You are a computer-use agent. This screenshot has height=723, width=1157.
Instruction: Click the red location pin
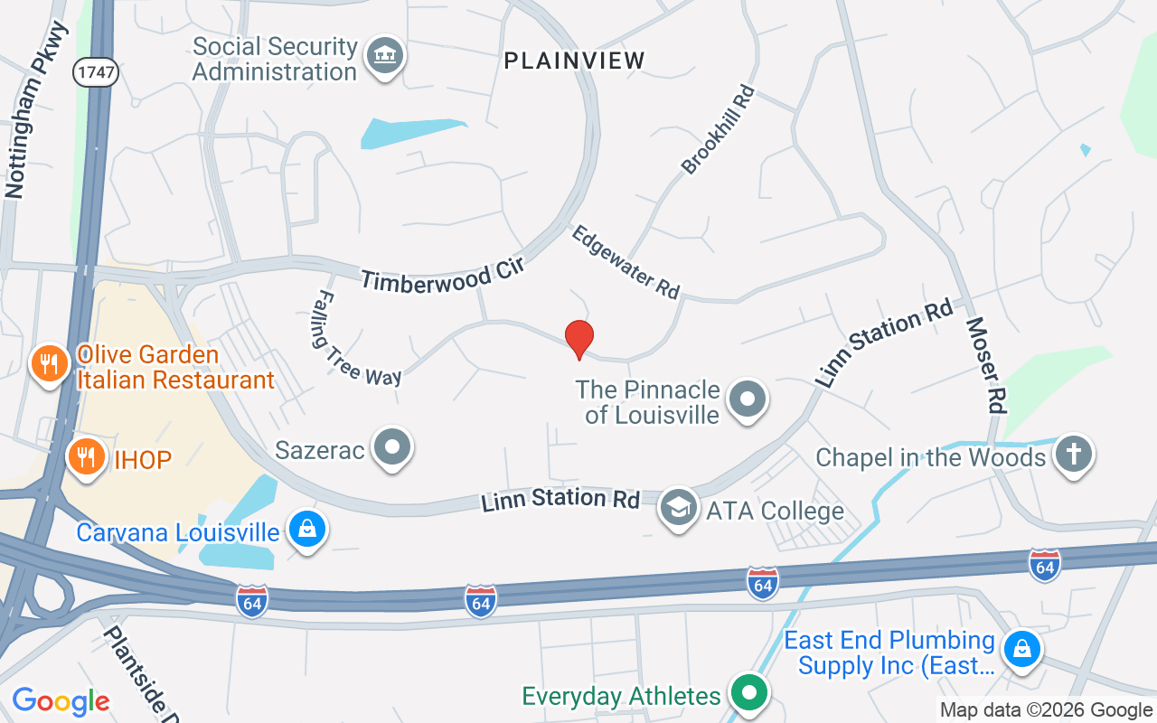[x=578, y=339]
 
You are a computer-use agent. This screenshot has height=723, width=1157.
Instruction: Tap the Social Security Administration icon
[x=385, y=57]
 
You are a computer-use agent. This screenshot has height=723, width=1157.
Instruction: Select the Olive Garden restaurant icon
[x=49, y=364]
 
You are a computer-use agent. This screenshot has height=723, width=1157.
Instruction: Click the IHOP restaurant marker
[x=86, y=457]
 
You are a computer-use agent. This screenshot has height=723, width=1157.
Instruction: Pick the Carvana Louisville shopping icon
[x=307, y=530]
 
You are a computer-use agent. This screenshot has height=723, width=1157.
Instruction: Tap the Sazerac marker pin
[x=393, y=447]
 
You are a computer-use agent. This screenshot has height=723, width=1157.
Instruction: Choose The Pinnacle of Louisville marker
[x=748, y=399]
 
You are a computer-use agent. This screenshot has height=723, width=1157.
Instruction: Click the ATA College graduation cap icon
[x=679, y=509]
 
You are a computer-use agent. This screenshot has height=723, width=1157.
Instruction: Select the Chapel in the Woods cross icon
[x=1074, y=455]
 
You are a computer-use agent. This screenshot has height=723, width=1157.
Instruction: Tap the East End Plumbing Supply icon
[x=1021, y=650]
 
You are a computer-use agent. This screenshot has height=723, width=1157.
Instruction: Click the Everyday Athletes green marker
[x=748, y=694]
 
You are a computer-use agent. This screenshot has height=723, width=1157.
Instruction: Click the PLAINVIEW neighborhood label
[x=575, y=61]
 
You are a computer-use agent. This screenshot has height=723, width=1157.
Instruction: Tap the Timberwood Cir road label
[x=442, y=274]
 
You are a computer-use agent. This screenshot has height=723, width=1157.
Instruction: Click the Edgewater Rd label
[x=626, y=262]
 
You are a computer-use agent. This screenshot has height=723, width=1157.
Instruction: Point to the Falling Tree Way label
[x=357, y=338]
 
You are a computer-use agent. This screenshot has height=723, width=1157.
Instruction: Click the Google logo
[x=61, y=701]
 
